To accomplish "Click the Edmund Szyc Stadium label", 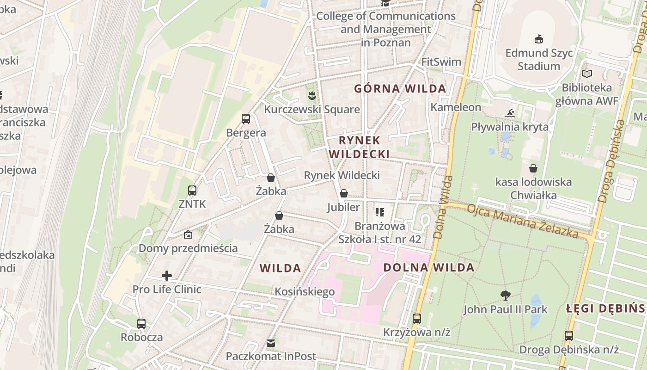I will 538,59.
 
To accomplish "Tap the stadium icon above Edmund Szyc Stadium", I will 538,39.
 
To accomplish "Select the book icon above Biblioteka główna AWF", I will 587,74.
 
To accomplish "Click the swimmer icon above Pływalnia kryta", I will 510,113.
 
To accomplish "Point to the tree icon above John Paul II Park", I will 506,295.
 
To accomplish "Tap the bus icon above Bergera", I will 246,119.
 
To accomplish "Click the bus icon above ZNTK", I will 192,190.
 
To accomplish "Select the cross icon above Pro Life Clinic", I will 167,276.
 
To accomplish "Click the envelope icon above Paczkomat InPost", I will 271,343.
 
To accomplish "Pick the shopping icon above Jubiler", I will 343,193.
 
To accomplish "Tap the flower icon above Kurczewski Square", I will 312,96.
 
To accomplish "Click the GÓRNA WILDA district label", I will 400,88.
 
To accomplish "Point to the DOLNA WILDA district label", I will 429,267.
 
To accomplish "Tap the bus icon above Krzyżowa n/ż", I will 417,318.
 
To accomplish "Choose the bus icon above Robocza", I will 141,323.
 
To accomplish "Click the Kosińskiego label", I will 305,292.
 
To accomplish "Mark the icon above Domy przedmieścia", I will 188,234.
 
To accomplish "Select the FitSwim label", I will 441,62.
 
